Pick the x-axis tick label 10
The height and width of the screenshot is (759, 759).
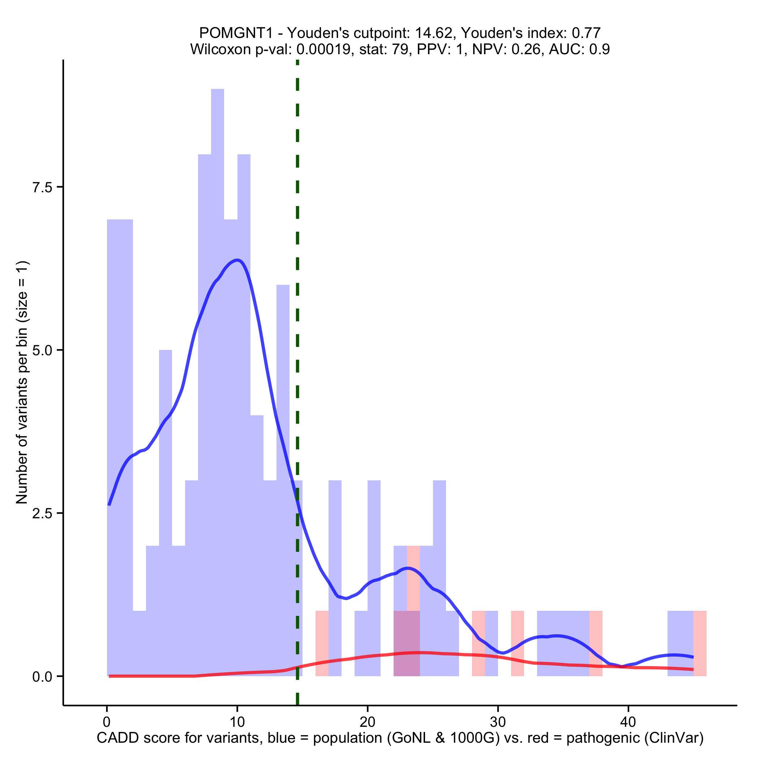pos(237,722)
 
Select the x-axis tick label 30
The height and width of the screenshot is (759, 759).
pos(498,722)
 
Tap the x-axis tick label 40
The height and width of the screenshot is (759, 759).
pos(628,722)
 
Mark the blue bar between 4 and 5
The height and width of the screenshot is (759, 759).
pos(166,511)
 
